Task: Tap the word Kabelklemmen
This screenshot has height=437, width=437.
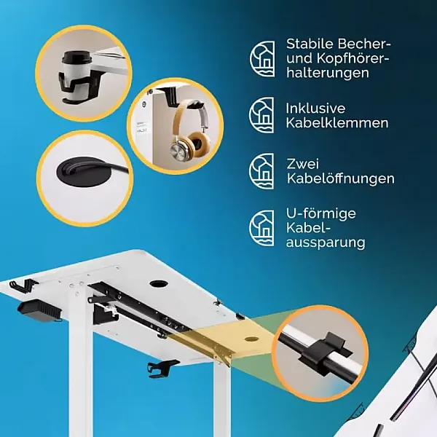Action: coord(337,123)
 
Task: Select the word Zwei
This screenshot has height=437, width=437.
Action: coord(303,164)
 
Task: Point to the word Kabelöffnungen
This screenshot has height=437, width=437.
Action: coord(341,178)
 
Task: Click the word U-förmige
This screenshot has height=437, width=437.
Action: coord(321,214)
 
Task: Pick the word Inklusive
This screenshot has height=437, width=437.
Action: coord(315,109)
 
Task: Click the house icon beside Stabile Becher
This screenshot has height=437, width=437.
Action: coord(262,59)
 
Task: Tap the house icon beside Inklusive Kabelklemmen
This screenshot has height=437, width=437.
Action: coord(261,115)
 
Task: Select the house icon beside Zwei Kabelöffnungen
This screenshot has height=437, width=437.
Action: coord(261,171)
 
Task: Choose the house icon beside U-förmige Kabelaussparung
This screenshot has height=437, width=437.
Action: coord(261,228)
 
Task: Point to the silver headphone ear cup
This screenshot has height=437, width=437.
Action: coord(181,149)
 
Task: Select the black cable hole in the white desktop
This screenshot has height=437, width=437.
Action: coord(159,284)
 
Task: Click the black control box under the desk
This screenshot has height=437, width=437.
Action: coord(39,311)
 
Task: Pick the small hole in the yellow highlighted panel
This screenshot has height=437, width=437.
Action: coord(251,339)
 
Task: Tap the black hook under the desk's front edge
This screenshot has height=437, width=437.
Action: coord(162,369)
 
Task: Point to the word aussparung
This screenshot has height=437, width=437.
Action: coord(326,243)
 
